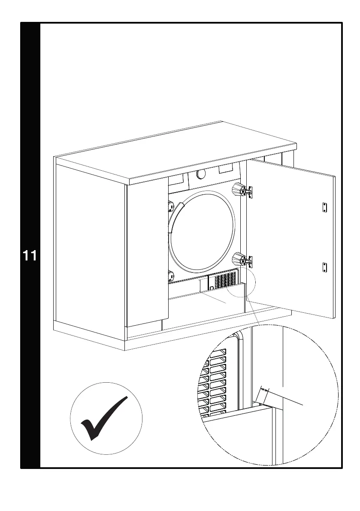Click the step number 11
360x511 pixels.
point(30,256)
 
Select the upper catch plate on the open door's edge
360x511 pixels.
point(324,207)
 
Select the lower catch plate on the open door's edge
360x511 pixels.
point(324,266)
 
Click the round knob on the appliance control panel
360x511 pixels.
point(200,174)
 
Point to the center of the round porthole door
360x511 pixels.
point(203,231)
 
